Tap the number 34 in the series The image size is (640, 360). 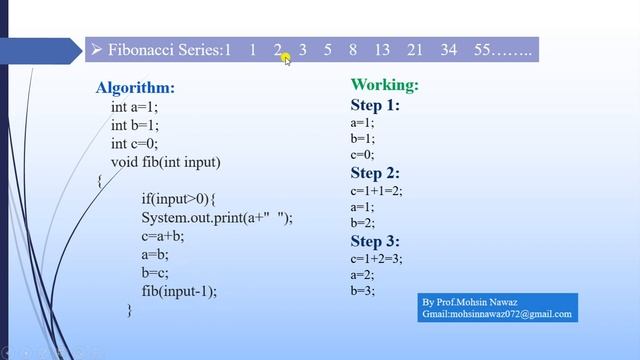pyautogui.click(x=448, y=49)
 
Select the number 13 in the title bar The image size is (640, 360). pyautogui.click(x=382, y=49)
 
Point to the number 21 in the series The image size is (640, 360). pyautogui.click(x=415, y=49)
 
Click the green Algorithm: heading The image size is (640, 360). pyautogui.click(x=135, y=88)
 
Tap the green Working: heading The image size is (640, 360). pyautogui.click(x=385, y=85)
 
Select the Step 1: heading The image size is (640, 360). pyautogui.click(x=375, y=105)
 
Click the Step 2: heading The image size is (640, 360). pyautogui.click(x=375, y=172)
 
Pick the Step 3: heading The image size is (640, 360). pyautogui.click(x=375, y=241)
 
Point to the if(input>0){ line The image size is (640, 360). pyautogui.click(x=179, y=199)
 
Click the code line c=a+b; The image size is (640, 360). pyautogui.click(x=163, y=236)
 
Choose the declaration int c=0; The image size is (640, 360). pyautogui.click(x=134, y=144)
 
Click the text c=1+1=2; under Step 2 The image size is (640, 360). pyautogui.click(x=376, y=190)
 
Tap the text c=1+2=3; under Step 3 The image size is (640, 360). pyautogui.click(x=376, y=258)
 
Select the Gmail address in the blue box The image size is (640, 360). pyautogui.click(x=497, y=314)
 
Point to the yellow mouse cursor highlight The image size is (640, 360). pyautogui.click(x=283, y=56)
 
